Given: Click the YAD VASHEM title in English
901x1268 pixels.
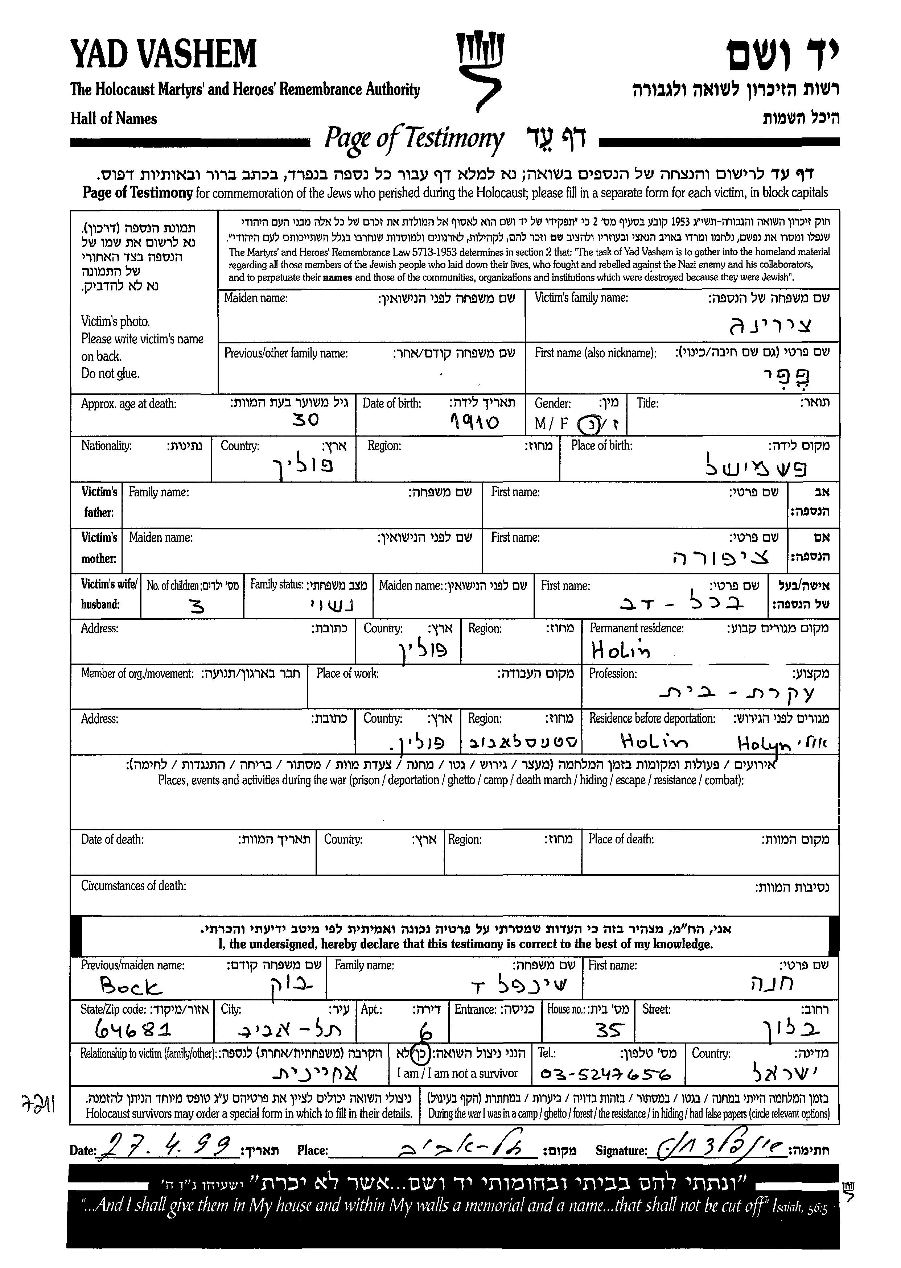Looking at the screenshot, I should pos(164,54).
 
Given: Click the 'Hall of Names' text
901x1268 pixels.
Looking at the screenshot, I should pos(114,119).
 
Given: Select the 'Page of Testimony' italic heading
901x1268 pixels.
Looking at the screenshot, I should pos(414,139).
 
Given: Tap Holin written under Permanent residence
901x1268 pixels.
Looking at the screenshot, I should pos(620,649).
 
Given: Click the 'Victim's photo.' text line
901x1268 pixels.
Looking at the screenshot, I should pos(115,321).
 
